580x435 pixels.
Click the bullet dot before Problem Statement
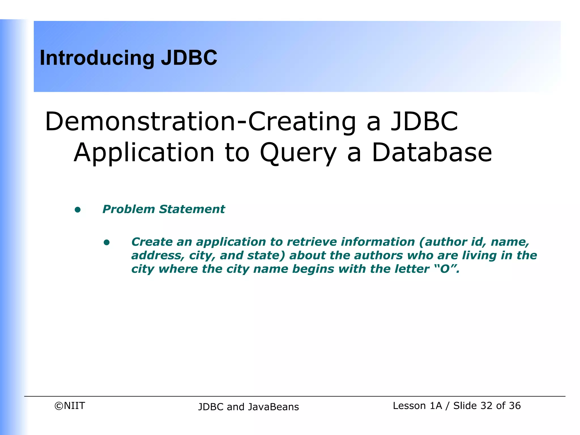click(x=78, y=210)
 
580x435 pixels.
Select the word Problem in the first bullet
click(x=129, y=209)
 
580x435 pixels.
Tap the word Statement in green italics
click(x=192, y=209)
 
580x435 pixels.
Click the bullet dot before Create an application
click(x=106, y=242)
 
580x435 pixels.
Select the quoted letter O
click(x=445, y=269)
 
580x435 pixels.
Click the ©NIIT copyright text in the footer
click(x=70, y=406)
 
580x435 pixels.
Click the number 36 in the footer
click(x=515, y=406)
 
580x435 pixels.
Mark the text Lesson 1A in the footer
click(x=417, y=406)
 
